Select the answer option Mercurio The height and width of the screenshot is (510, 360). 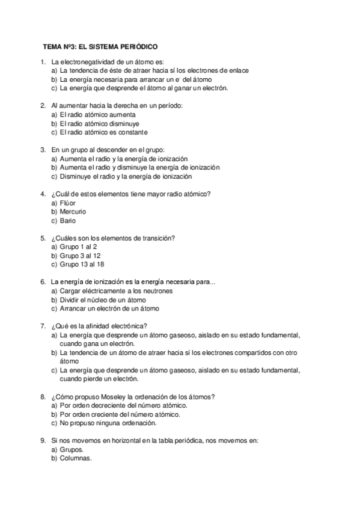73,212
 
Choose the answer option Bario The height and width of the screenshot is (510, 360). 68,221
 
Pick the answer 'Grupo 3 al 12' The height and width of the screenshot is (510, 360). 79,256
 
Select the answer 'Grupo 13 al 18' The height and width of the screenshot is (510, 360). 81,265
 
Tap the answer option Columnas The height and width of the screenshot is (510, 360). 75,458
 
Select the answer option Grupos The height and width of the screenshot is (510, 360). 72,449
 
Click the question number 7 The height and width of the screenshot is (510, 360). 43,326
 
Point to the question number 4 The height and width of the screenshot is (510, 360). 43,194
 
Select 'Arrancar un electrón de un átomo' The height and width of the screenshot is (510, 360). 109,309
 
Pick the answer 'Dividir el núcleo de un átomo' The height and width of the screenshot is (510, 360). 103,300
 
